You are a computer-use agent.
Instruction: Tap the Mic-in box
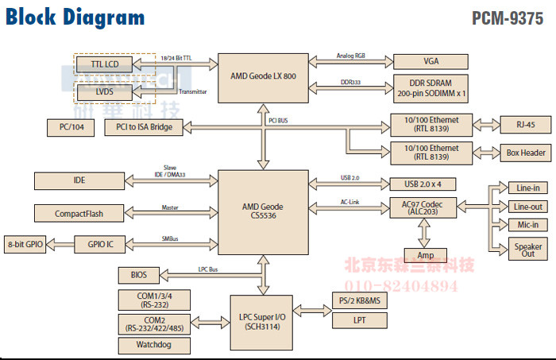click(x=526, y=225)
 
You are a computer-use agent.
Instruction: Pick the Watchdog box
click(x=153, y=346)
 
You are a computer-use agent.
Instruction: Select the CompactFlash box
click(x=79, y=213)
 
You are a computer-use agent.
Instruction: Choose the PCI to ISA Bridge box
click(x=143, y=127)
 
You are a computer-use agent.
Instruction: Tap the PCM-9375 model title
click(x=506, y=17)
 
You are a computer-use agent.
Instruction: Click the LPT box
click(x=359, y=320)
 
